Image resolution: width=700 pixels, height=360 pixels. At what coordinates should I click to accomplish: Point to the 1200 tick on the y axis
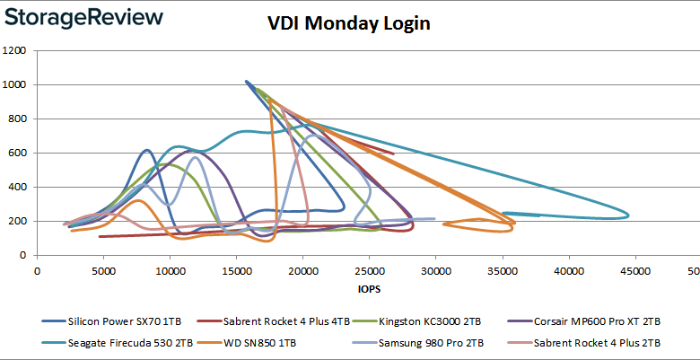pos(15,50)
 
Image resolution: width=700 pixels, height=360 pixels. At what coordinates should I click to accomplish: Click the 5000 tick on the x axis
pos(103,268)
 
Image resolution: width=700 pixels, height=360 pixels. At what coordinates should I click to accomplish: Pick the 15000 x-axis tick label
pos(236,268)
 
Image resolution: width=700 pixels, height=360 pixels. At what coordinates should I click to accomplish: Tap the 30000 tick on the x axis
pos(435,268)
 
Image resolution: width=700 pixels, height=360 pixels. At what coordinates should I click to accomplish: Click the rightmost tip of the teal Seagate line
pos(628,215)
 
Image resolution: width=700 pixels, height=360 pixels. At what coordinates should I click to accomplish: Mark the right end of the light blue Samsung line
pos(434,218)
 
